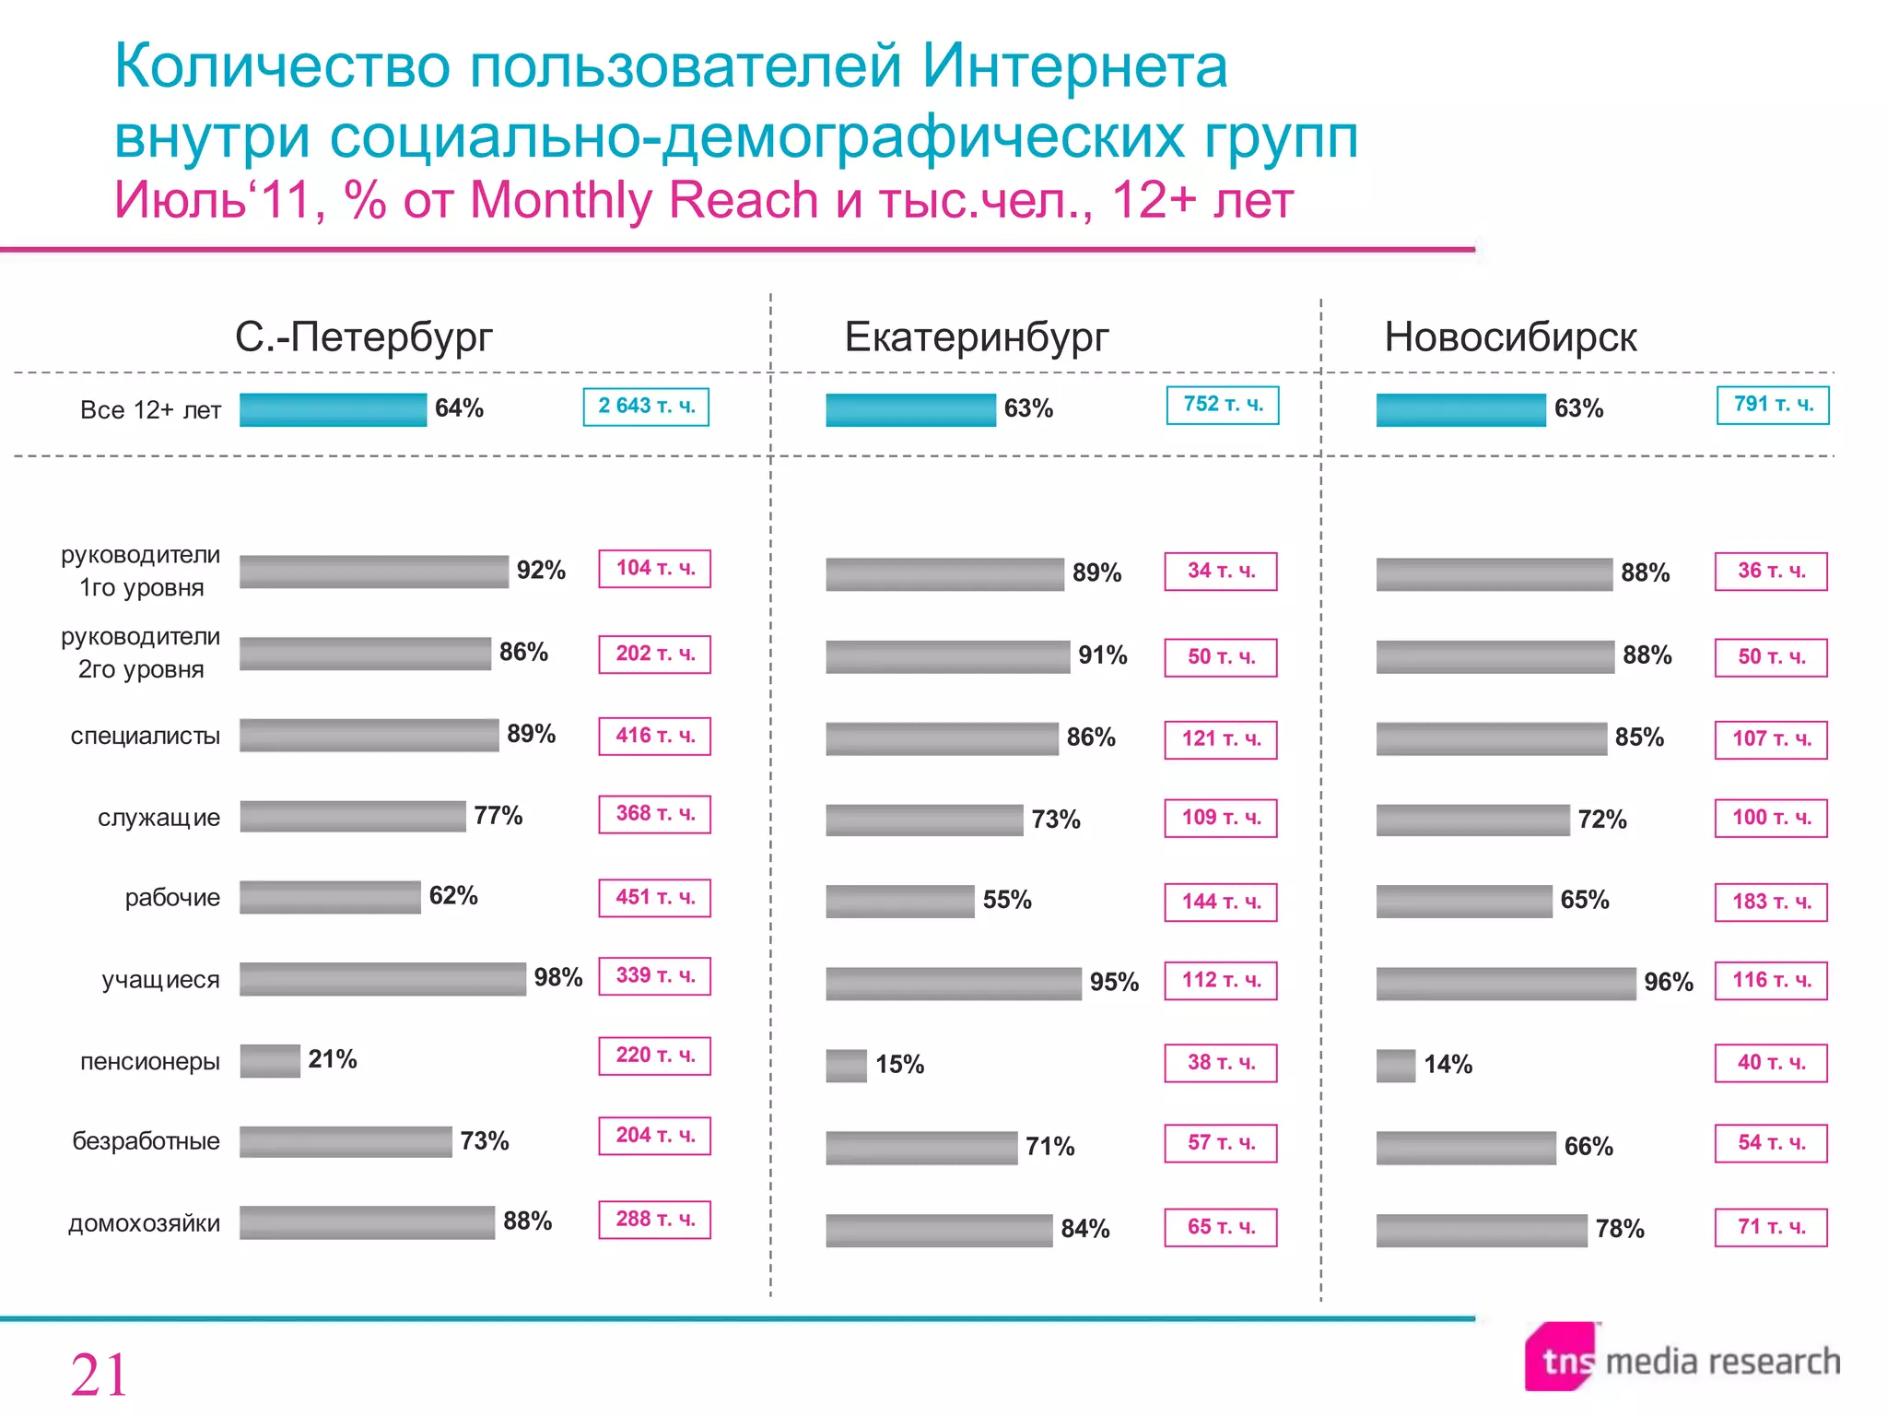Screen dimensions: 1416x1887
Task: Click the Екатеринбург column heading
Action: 977,337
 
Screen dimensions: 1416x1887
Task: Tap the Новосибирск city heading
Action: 1510,337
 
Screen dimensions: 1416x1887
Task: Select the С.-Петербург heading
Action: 364,337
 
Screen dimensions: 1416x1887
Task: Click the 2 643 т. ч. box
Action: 646,407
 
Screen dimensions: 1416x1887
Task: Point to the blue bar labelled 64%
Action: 333,410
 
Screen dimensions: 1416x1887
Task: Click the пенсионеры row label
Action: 150,1061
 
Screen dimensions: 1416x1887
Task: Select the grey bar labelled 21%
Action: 270,1061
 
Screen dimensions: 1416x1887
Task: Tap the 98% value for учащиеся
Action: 558,977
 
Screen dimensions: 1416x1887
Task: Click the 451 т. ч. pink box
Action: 654,898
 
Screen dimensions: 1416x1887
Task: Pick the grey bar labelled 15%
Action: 846,1066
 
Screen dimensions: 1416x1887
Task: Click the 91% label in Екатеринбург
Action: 1103,655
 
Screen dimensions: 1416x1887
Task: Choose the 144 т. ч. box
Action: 1221,903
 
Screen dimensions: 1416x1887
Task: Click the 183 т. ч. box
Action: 1771,903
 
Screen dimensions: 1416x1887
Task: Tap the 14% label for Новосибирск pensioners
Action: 1447,1065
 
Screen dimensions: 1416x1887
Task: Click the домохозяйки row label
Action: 145,1223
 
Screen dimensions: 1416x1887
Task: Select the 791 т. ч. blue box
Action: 1773,405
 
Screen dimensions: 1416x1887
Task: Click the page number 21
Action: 99,1375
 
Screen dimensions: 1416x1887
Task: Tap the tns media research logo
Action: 1682,1359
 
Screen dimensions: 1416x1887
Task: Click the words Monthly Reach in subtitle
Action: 644,200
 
